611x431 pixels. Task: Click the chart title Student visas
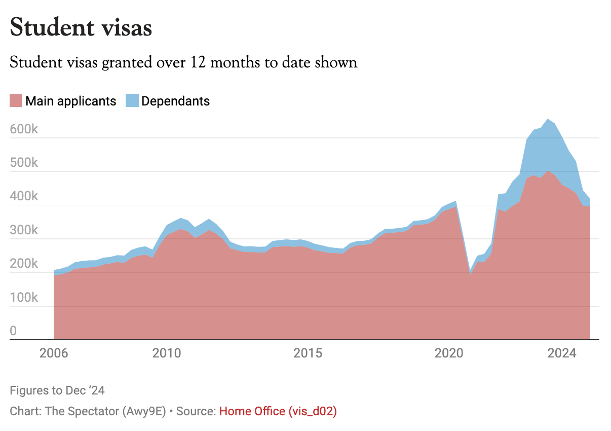pos(81,27)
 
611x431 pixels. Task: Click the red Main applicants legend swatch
pos(16,101)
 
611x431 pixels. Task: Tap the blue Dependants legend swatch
pos(132,101)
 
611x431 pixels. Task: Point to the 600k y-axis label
pos(24,129)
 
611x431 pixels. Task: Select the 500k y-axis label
pos(24,163)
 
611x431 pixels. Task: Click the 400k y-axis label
pos(24,197)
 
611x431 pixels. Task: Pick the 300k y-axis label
pos(24,230)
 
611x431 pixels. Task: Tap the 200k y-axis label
pos(24,264)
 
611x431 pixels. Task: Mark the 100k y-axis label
pos(24,298)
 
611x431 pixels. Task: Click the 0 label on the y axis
pos(14,331)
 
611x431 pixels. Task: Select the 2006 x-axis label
pos(54,353)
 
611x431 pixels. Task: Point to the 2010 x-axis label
pos(167,353)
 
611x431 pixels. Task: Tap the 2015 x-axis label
pos(308,353)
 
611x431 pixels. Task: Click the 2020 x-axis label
pos(449,353)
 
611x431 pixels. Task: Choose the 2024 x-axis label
pos(562,353)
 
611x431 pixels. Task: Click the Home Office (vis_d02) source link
pos(278,411)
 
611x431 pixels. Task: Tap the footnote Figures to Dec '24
pos(57,390)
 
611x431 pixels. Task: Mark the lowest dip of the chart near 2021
pos(470,274)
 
